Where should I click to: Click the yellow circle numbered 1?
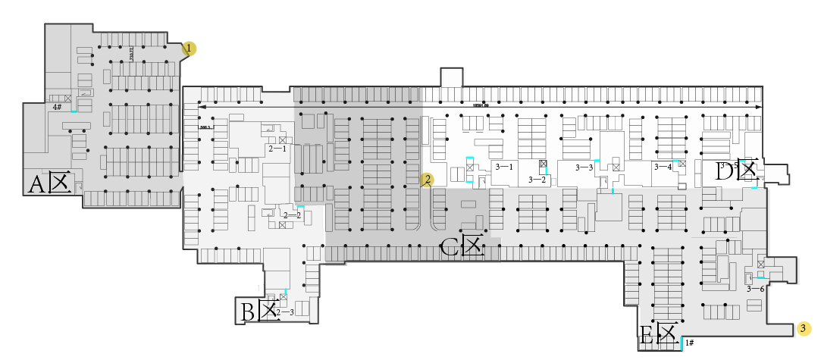click(189, 49)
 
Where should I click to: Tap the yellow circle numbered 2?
click(428, 180)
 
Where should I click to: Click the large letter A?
click(36, 184)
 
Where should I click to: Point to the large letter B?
click(248, 311)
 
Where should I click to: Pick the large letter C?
click(450, 246)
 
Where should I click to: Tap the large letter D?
click(724, 172)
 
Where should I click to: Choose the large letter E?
click(647, 335)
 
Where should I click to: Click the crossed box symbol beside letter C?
click(473, 246)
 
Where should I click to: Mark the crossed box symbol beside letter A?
click(60, 183)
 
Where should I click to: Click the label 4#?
click(57, 108)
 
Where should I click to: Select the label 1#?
click(689, 343)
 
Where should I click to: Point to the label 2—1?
click(277, 149)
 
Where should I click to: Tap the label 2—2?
click(291, 215)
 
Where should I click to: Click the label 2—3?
click(285, 312)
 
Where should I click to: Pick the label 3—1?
click(504, 166)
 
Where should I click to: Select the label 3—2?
click(537, 180)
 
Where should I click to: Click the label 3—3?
click(584, 167)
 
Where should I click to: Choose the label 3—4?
click(663, 166)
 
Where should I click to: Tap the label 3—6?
click(755, 289)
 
